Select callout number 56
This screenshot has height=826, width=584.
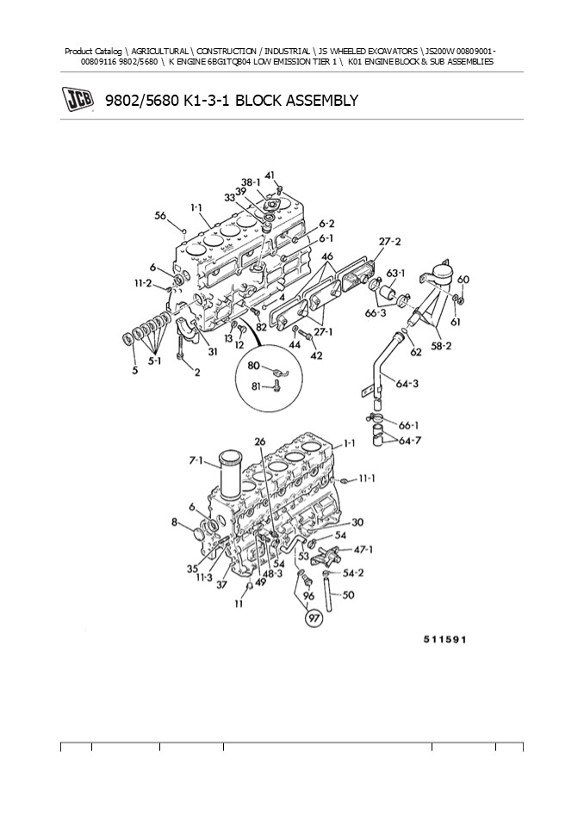pos(161,216)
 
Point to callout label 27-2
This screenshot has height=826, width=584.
pos(389,242)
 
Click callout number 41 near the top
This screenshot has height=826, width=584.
pos(270,176)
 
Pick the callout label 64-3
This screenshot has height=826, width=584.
pos(407,383)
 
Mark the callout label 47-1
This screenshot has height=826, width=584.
pos(363,548)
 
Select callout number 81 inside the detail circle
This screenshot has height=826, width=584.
pos(255,385)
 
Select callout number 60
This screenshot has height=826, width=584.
pos(463,280)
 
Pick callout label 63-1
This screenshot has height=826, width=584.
pos(394,274)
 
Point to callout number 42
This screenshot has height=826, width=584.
pos(316,354)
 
